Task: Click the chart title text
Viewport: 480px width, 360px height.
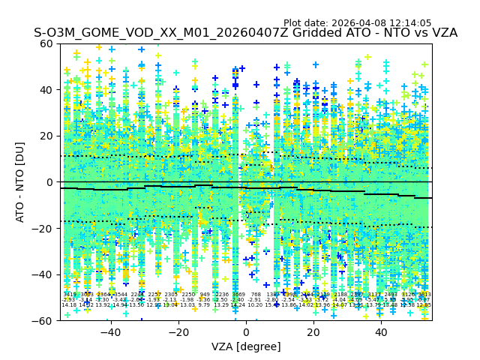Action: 245,33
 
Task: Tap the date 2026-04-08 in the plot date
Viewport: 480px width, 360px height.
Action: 355,23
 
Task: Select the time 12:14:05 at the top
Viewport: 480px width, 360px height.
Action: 409,23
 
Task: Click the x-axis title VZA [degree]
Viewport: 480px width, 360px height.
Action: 246,346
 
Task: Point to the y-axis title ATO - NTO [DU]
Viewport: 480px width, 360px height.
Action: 21,181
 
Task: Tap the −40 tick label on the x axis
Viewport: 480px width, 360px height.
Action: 110,332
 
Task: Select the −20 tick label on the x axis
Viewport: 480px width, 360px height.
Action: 178,332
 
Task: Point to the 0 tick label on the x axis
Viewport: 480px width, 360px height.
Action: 246,332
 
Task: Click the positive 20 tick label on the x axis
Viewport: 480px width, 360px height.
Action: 313,332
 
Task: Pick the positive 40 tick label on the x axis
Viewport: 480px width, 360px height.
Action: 381,332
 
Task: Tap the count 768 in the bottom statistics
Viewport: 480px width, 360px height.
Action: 256,295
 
